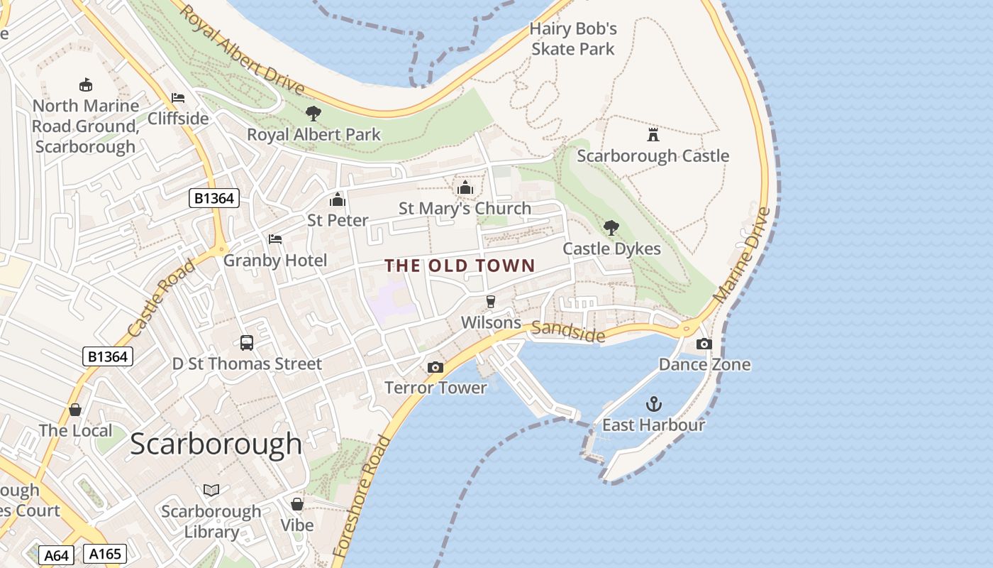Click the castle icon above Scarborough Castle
[x=653, y=135]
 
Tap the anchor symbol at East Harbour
[x=653, y=404]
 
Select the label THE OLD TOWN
[x=460, y=266]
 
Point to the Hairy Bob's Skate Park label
[x=573, y=39]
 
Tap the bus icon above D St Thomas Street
[x=247, y=343]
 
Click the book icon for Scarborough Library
[x=211, y=490]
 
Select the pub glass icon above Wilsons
[x=490, y=302]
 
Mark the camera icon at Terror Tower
[x=436, y=367]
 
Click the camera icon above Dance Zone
[x=704, y=344]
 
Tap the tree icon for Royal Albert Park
[x=313, y=114]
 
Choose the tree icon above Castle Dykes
[x=611, y=228]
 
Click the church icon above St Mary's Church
[x=465, y=187]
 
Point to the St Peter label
[x=338, y=220]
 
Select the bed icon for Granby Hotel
[x=275, y=239]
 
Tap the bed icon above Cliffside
[x=178, y=97]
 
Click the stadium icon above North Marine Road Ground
[x=86, y=85]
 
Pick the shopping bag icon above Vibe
[x=297, y=504]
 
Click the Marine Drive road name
[x=742, y=256]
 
